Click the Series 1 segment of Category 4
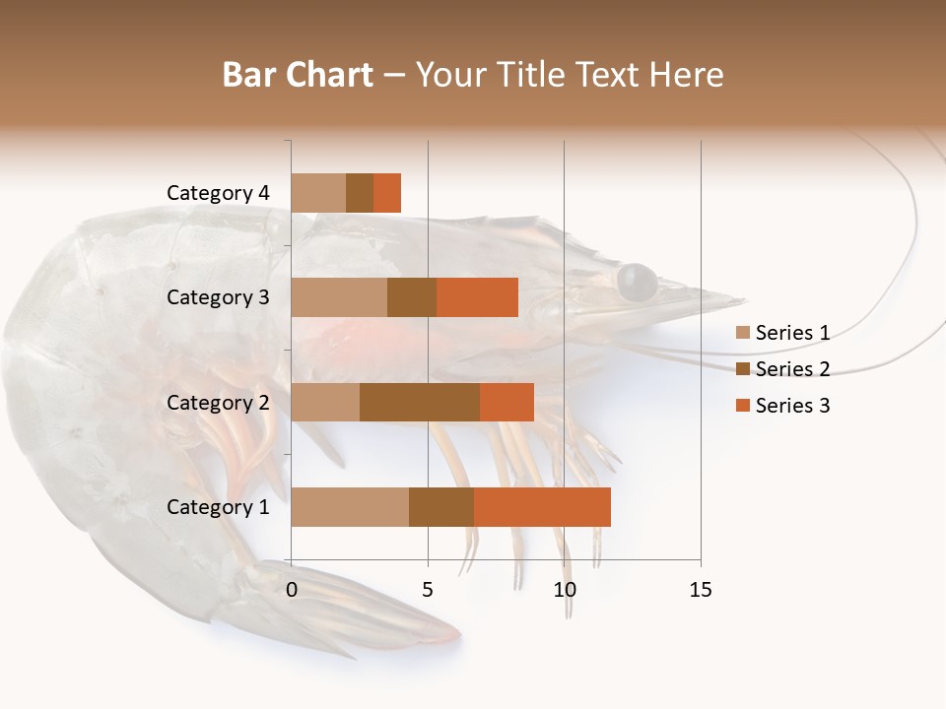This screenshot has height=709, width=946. point(318,193)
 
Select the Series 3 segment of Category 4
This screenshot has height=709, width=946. point(387,193)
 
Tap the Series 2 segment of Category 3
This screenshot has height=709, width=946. point(412,297)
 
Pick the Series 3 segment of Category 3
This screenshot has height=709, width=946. point(477,297)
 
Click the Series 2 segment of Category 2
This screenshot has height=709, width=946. point(420,402)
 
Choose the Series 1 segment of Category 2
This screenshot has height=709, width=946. point(325,402)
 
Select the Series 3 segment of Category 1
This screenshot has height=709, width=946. point(542,507)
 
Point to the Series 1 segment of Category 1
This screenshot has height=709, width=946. point(350,507)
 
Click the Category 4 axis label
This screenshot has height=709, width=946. point(218,193)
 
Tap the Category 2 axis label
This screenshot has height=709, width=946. point(218,402)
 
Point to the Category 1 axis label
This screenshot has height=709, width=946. point(218,507)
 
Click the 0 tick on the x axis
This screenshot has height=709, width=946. point(292,590)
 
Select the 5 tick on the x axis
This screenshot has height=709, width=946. point(428,590)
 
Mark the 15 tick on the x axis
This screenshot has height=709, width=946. point(701,590)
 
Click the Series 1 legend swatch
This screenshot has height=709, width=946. point(742,333)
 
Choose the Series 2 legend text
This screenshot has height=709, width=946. point(792,369)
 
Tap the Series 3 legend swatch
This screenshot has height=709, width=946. point(742,406)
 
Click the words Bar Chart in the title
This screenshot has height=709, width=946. point(297,75)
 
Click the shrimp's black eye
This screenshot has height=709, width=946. point(637,282)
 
